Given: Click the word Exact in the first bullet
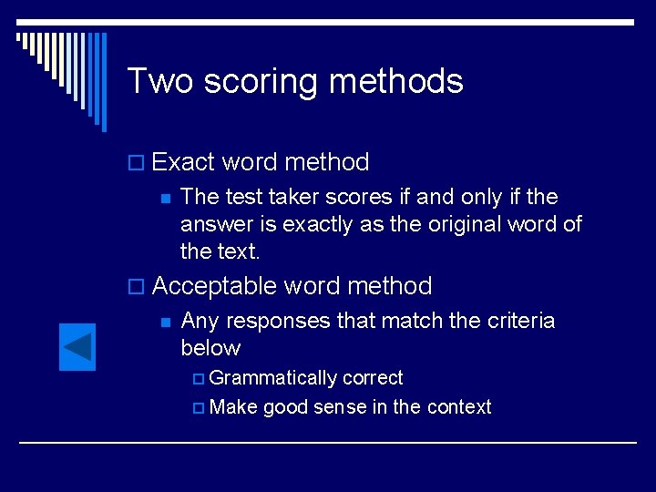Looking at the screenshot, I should pyautogui.click(x=184, y=162).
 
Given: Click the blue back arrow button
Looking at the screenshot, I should pyautogui.click(x=77, y=347).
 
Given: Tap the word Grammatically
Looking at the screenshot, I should pyautogui.click(x=272, y=378).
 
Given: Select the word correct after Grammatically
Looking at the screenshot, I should pyautogui.click(x=373, y=378).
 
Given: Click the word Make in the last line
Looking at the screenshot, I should pyautogui.click(x=233, y=407).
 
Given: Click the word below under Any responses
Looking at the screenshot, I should pyautogui.click(x=210, y=348).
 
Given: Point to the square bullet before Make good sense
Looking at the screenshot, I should pyautogui.click(x=198, y=408).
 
